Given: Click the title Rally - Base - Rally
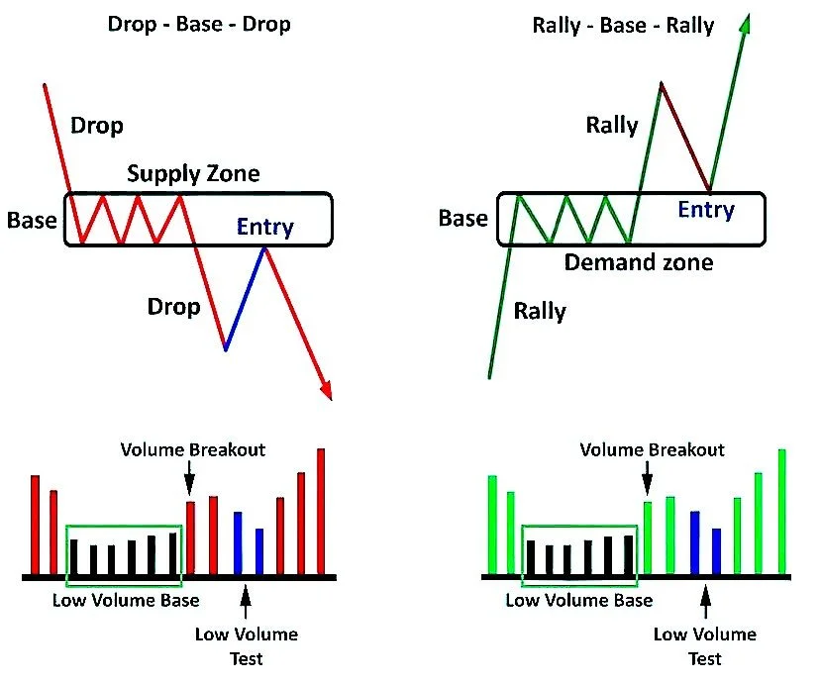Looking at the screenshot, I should pos(623,25).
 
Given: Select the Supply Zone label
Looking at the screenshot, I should pos(193,174).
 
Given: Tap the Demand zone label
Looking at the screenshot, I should pos(639,262).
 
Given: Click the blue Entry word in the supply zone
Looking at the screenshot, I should pos(264,228).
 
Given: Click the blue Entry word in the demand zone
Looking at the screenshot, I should pos(705,210).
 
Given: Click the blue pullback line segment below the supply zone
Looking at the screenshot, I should pos(245,297).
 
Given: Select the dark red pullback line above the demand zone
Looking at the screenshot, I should pos(684,137).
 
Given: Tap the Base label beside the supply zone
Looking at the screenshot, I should pos(32,220).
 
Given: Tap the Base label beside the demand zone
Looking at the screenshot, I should pos(463,218).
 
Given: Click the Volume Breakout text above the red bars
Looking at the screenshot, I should pos(193,449).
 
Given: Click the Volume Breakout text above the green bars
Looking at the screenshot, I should pos(652,449).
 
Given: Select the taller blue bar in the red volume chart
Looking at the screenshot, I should pos(238,542).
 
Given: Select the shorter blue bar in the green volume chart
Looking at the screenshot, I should pos(716,551).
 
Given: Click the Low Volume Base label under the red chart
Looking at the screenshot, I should pos(126,600).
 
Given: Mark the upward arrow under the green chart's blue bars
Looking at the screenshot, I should pos(705,600).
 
